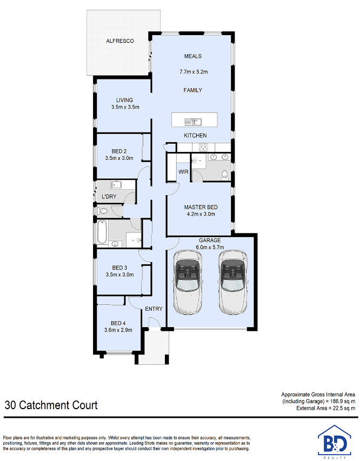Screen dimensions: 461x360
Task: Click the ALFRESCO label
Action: click(x=119, y=41)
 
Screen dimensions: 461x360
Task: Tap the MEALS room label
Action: click(x=193, y=56)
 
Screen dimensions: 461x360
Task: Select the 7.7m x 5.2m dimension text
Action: click(x=194, y=71)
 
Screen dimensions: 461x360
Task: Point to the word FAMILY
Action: click(x=193, y=90)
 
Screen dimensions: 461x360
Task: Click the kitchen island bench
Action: click(x=195, y=119)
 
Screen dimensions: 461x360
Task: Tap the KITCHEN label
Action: click(x=195, y=135)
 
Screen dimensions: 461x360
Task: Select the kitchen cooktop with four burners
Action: click(x=204, y=147)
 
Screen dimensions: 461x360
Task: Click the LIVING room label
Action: click(x=124, y=100)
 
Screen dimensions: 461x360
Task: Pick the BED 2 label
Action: click(x=119, y=151)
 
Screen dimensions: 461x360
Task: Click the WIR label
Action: click(x=183, y=172)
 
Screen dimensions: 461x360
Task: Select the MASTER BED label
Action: click(x=201, y=207)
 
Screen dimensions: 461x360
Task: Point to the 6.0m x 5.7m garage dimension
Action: click(x=210, y=248)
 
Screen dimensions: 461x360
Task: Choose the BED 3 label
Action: click(x=119, y=268)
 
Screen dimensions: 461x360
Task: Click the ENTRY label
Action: click(x=154, y=309)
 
